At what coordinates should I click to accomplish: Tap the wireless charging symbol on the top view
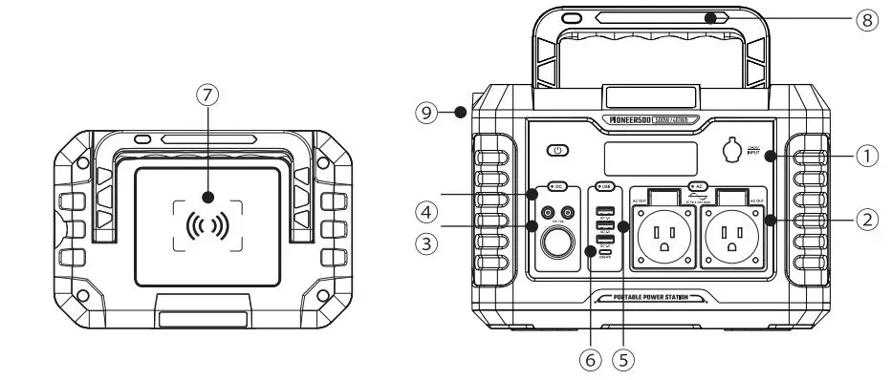coord(206,226)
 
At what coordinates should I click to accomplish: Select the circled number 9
coord(428,112)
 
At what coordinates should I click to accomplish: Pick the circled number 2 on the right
coord(864,220)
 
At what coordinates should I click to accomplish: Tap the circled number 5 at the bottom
coord(626,360)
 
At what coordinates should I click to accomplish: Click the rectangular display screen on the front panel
coord(645,157)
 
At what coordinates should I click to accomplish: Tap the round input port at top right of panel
coord(735,151)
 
